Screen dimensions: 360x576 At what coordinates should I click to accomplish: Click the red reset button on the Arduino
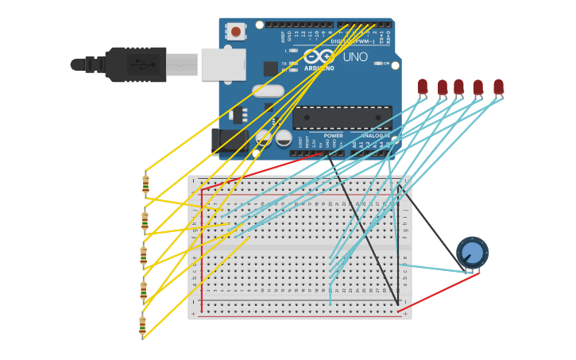(236, 32)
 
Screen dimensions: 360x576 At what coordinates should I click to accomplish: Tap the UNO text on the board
(355, 56)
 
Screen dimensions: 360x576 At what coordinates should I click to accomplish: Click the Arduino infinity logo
(319, 56)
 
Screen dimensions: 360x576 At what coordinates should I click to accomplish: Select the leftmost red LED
(423, 86)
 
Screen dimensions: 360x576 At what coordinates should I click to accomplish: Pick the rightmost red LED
(498, 86)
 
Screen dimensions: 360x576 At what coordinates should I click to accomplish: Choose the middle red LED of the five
(458, 86)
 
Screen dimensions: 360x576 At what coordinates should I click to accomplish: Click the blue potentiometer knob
(472, 253)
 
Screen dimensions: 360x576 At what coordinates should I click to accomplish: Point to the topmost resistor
(145, 184)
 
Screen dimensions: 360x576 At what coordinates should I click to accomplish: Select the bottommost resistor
(142, 326)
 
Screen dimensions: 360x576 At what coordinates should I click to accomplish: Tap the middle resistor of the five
(144, 255)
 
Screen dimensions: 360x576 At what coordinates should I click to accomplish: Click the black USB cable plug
(135, 64)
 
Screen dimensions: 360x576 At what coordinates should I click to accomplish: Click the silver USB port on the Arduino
(222, 64)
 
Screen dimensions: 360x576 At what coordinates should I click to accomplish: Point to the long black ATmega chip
(342, 118)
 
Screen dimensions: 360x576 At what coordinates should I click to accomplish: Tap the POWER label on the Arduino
(334, 136)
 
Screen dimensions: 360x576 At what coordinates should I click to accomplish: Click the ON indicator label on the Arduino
(386, 64)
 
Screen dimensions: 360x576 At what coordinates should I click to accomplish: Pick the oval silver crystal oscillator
(269, 91)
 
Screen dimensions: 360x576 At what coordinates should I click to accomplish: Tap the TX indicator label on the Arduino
(284, 64)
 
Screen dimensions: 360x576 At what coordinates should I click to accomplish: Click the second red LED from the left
(443, 86)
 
